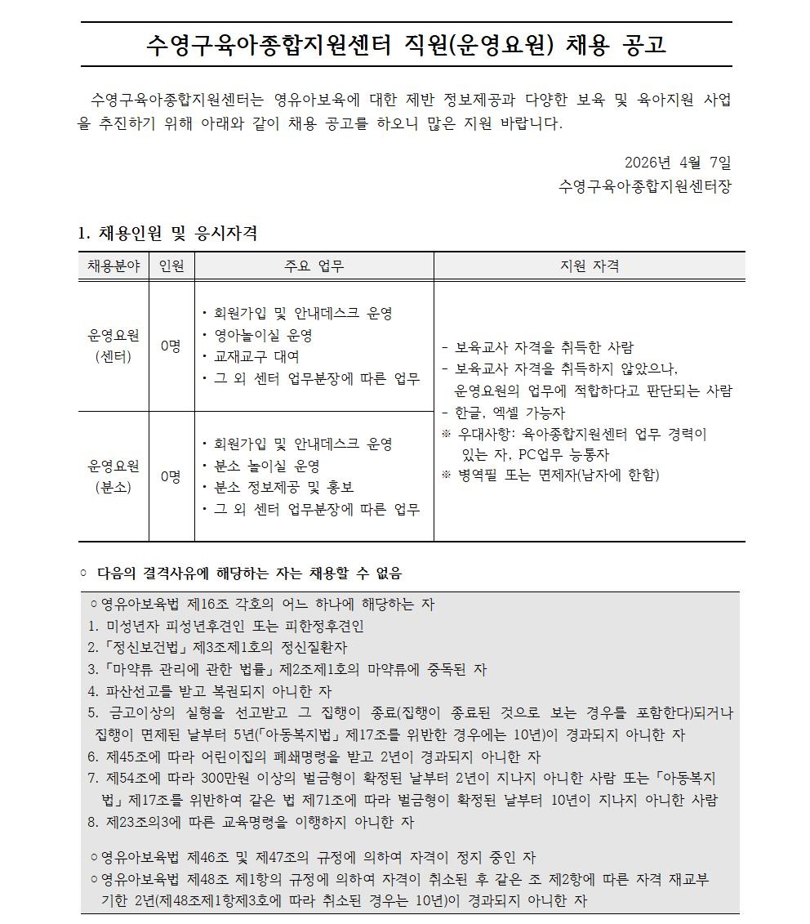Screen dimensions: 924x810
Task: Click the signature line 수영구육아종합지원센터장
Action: pos(645,186)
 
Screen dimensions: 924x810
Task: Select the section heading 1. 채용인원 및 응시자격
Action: pos(167,234)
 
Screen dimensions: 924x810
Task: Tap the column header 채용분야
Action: pos(113,266)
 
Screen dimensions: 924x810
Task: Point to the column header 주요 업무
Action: pos(314,266)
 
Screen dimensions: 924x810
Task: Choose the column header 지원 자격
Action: pos(589,266)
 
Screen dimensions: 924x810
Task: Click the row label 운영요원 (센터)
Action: pos(113,346)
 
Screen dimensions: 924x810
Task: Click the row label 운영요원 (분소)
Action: pos(113,476)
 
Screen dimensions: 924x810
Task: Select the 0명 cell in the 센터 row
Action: pos(171,346)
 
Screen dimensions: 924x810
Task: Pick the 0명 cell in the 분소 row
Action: pos(171,476)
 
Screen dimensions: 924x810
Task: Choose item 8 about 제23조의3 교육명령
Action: pos(251,822)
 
